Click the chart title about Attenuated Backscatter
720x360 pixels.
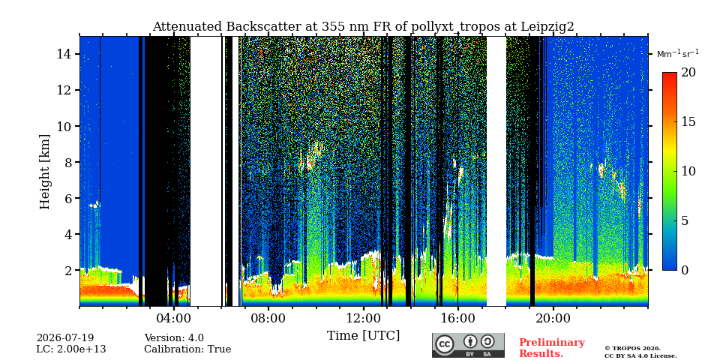click(363, 27)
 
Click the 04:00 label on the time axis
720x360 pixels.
click(173, 318)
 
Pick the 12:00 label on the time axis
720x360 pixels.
click(364, 318)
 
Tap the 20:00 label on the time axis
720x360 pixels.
click(553, 318)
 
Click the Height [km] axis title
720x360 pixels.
click(44, 172)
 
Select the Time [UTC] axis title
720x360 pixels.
click(363, 336)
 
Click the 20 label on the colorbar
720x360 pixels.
click(688, 73)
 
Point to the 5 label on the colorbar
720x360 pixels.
click(685, 220)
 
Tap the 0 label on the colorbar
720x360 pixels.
click(685, 270)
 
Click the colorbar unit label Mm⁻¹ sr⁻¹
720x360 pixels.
click(678, 53)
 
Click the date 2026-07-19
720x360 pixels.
click(65, 338)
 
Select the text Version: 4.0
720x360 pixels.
click(174, 338)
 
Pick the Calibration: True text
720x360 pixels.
click(187, 349)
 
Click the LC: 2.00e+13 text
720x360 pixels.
click(71, 349)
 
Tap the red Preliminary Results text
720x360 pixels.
click(552, 348)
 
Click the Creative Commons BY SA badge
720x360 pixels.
click(468, 345)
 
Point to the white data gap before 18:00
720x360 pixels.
click(496, 171)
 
